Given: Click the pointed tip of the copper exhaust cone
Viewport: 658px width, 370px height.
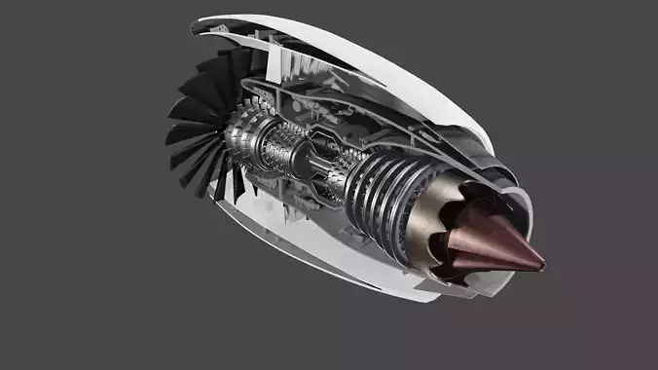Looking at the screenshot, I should click(x=543, y=262).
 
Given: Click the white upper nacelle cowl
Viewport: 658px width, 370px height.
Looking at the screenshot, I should click(x=370, y=49).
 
